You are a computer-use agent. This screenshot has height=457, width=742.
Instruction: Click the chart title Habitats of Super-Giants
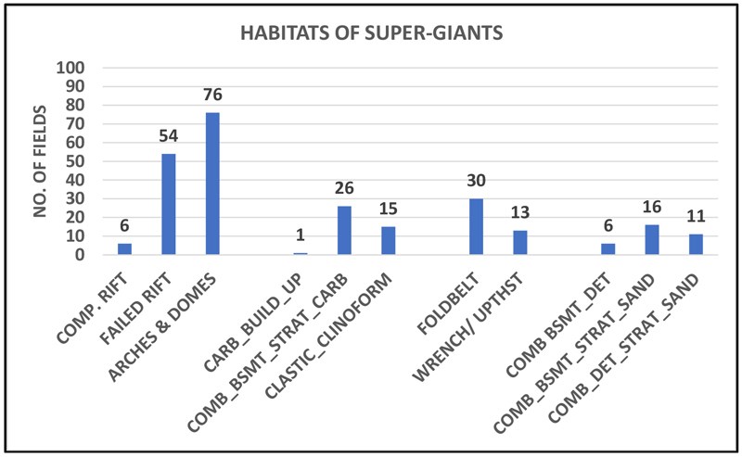coord(370,34)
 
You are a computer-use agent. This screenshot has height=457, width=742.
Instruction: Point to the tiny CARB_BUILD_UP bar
coord(300,253)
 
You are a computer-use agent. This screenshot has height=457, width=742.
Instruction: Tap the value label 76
coord(211,96)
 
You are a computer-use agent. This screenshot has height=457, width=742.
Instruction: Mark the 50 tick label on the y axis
coord(78,161)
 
